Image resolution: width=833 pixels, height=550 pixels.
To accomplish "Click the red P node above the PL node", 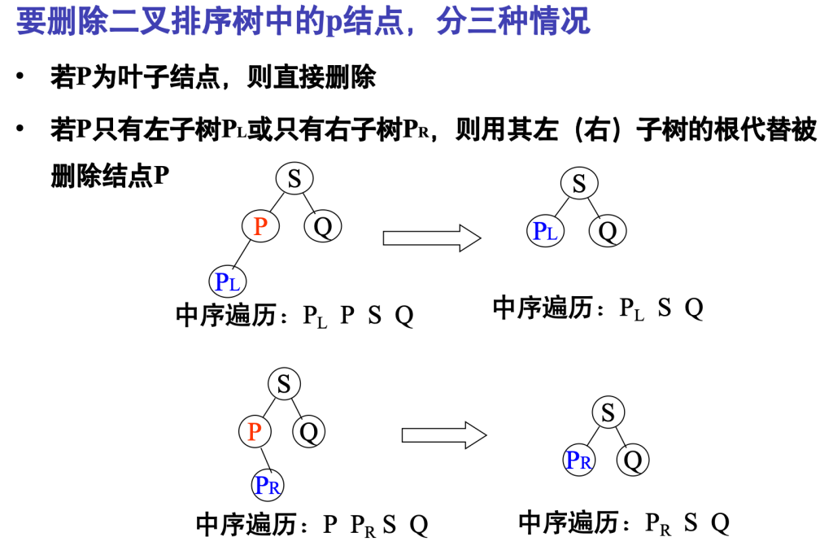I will (260, 226).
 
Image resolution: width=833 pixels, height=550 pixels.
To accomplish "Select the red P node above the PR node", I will (255, 431).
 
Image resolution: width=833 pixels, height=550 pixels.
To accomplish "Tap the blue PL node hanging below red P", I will (228, 282).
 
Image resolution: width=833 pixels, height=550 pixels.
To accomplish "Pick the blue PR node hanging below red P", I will (268, 486).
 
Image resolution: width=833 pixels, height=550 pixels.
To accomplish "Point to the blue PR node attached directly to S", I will (579, 461).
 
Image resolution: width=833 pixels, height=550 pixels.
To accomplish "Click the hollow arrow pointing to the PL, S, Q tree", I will (432, 237).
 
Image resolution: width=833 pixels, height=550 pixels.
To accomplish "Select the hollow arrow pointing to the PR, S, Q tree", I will (444, 434).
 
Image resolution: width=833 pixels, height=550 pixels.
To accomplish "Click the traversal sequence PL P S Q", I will (359, 316).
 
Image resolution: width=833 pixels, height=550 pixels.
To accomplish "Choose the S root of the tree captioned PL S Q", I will (579, 184).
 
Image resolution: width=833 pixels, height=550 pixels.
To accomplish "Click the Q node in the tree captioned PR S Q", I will (633, 461).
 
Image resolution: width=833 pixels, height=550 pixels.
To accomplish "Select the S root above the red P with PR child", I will (284, 383).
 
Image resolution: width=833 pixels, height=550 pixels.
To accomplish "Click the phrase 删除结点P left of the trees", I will (110, 176).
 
